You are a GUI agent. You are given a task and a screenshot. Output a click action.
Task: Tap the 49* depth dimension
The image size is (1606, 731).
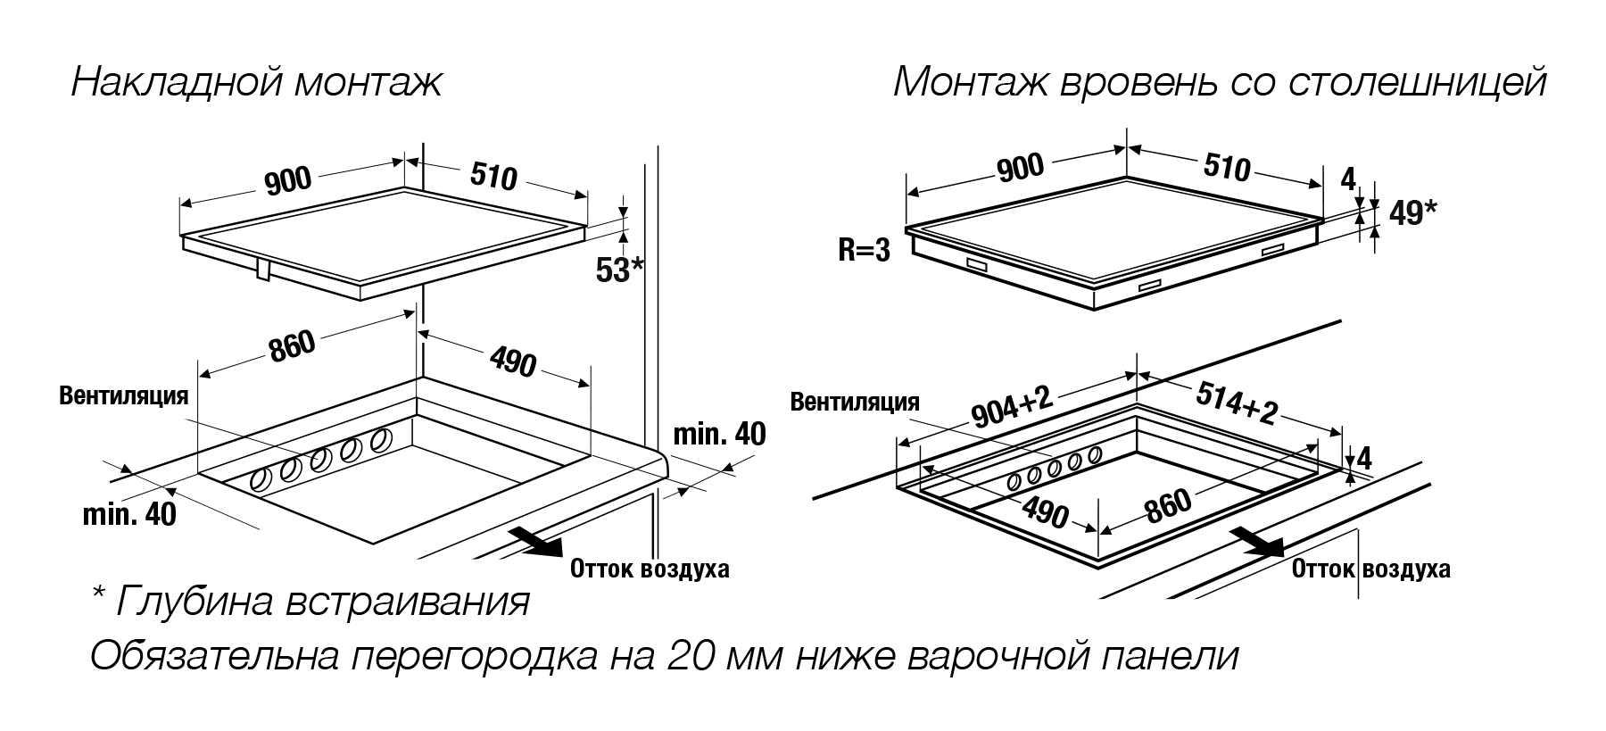pyautogui.click(x=1412, y=213)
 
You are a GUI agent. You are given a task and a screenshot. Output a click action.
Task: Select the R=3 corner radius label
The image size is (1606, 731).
pyautogui.click(x=865, y=250)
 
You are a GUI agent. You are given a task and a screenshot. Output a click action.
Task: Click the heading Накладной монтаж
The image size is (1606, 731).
pyautogui.click(x=257, y=84)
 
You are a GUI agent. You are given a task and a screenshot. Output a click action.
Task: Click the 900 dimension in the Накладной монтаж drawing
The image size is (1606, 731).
pyautogui.click(x=288, y=181)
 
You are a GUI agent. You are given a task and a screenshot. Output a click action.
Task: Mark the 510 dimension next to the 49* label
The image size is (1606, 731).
pyautogui.click(x=1227, y=166)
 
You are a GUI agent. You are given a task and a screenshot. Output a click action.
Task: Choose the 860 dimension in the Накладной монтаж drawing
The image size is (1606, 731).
pyautogui.click(x=293, y=346)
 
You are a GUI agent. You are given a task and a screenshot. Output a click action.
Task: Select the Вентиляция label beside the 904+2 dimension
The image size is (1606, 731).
pyautogui.click(x=855, y=402)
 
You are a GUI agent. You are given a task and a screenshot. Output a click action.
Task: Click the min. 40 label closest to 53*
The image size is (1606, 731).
pyautogui.click(x=718, y=434)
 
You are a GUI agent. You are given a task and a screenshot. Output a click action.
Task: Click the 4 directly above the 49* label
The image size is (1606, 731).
pyautogui.click(x=1348, y=179)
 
